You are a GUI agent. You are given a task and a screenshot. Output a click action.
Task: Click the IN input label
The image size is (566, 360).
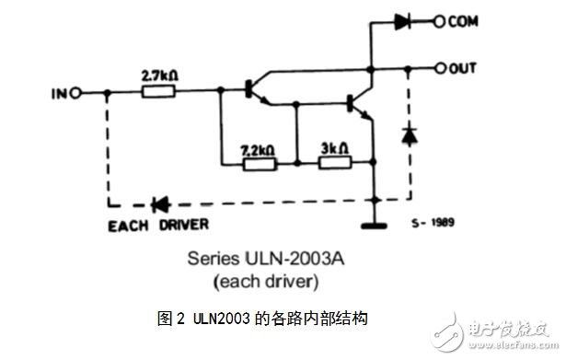58,92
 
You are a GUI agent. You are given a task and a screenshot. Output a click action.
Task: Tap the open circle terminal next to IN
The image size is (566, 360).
75,92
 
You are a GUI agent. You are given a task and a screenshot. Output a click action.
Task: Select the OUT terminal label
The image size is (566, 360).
463,68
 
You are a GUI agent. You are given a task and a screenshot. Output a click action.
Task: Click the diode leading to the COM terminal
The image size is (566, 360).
401,19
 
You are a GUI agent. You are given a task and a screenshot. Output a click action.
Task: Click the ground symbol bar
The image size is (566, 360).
374,224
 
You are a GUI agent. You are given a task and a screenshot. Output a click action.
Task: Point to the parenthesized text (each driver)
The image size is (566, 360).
262,282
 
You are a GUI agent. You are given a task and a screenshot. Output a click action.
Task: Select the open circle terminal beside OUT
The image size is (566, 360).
440,68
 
